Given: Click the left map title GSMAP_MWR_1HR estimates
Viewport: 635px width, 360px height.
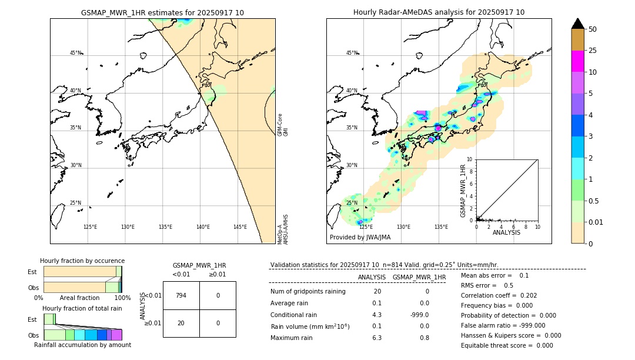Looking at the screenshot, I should tap(162, 12).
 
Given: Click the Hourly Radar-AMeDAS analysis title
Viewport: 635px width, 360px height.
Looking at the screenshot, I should tap(439, 12).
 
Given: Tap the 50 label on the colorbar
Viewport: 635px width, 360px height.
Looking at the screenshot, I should tap(593, 29).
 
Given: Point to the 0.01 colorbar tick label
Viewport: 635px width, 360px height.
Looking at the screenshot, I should tap(596, 222).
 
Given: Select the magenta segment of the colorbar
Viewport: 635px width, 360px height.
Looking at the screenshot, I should tap(577, 61).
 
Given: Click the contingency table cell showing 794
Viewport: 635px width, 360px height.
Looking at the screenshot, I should tap(181, 295).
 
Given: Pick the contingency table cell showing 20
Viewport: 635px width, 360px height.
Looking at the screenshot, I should tap(181, 323).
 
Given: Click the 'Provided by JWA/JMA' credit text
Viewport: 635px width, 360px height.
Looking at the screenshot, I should tap(360, 238).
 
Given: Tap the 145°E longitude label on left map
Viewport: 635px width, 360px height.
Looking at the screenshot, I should tap(240, 227).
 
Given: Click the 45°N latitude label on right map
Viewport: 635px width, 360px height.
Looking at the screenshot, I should tap(351, 53).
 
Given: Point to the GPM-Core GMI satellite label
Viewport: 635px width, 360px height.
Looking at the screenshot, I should tap(283, 125).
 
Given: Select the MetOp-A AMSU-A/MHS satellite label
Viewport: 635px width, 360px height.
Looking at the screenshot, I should tap(283, 229).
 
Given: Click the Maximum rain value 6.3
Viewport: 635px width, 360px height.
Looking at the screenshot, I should tap(376, 338).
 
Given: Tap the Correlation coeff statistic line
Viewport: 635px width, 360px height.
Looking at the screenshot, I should tap(499, 295).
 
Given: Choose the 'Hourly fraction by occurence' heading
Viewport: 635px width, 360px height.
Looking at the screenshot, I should tap(82, 261).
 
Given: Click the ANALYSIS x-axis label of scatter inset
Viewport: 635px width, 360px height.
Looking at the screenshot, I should tap(506, 232).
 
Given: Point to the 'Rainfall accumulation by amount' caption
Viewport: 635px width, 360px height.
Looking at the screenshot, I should tap(82, 345).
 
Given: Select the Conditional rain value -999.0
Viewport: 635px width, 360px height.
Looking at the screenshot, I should tap(419, 315).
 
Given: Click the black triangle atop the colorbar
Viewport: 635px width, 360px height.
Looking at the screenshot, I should tap(577, 24).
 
